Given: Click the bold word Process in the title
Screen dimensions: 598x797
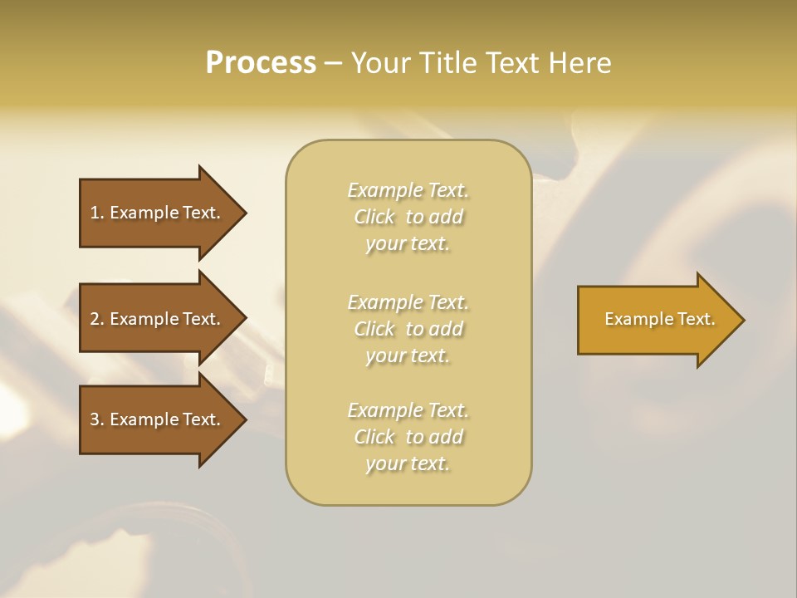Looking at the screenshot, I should click(x=261, y=63).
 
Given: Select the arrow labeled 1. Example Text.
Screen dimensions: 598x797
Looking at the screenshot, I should click(x=158, y=213).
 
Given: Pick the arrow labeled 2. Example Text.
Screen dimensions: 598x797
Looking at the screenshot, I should click(x=158, y=319).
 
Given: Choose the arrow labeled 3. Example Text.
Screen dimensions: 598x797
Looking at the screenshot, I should click(x=158, y=419).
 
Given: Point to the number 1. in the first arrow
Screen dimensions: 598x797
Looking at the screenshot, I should click(x=97, y=213).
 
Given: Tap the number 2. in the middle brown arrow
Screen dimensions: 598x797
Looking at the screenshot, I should click(x=97, y=319).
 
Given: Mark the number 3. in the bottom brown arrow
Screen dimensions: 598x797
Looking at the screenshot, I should click(x=97, y=419).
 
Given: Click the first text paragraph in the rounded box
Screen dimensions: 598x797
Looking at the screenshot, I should click(x=408, y=217).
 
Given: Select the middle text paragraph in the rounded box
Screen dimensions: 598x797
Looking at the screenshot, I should click(x=408, y=328).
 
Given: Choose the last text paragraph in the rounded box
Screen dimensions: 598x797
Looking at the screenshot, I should click(x=408, y=437).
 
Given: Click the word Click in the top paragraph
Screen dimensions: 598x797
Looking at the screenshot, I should click(x=374, y=217).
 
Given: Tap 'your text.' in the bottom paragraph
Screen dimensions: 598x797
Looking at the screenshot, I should click(x=408, y=463).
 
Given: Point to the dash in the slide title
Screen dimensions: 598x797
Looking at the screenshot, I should click(x=334, y=63).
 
